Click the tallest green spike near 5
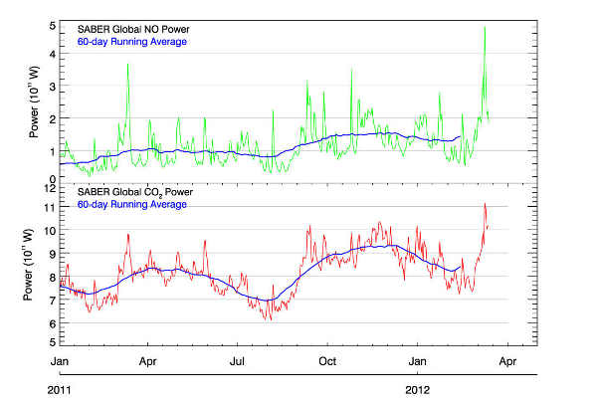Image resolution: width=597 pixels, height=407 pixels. [485, 28]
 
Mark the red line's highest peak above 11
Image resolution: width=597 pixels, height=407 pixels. [485, 204]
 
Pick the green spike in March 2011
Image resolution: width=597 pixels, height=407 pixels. [128, 65]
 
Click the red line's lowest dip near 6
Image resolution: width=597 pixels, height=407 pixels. [268, 318]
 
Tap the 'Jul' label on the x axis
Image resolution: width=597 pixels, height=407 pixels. [239, 362]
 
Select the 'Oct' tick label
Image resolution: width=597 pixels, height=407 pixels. [329, 362]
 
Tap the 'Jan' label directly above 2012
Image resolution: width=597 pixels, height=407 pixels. [420, 362]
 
